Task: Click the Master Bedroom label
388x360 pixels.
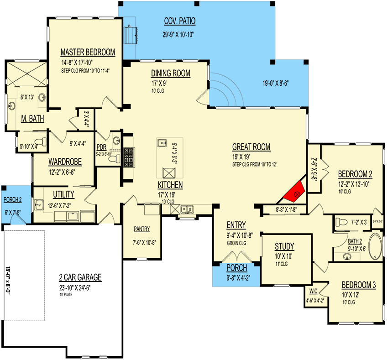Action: pyautogui.click(x=88, y=52)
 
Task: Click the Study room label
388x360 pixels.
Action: pyautogui.click(x=284, y=247)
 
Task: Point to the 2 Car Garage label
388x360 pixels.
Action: pyautogui.click(x=80, y=277)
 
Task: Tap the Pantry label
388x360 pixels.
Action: pyautogui.click(x=142, y=229)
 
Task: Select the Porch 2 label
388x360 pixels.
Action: pyautogui.click(x=12, y=199)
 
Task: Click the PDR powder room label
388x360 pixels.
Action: pyautogui.click(x=101, y=147)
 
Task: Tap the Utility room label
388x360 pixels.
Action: pyautogui.click(x=63, y=194)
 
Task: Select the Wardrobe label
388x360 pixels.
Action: pyautogui.click(x=65, y=161)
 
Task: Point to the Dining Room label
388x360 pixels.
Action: pyautogui.click(x=171, y=73)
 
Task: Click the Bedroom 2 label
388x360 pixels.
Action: pyautogui.click(x=355, y=174)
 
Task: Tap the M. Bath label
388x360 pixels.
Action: pyautogui.click(x=32, y=119)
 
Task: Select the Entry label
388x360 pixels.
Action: pyautogui.click(x=236, y=225)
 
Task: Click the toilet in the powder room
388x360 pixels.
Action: pyautogui.click(x=117, y=158)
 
